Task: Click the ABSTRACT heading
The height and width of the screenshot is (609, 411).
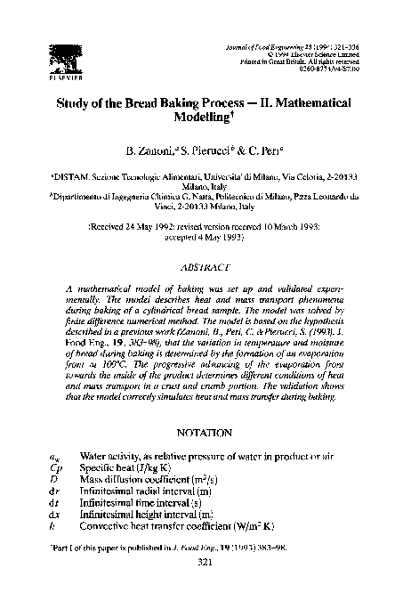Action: click(205, 266)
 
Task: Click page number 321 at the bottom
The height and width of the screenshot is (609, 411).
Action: click(205, 589)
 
